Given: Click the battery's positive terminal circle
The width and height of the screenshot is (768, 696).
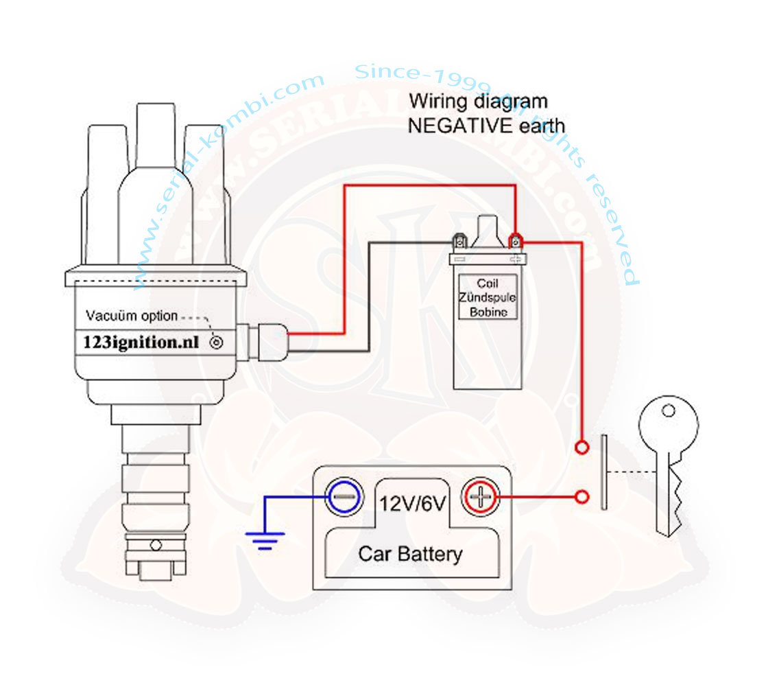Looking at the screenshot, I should tap(481, 496).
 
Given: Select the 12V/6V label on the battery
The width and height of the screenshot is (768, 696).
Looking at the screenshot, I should tap(413, 504).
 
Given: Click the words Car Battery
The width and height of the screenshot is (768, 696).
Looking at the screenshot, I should tap(410, 553).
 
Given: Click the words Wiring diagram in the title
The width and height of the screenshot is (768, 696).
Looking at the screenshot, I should tap(478, 102).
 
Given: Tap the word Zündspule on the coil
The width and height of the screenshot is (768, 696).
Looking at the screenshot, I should tap(488, 298).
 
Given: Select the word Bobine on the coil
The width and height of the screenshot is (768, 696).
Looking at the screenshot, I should tap(488, 312).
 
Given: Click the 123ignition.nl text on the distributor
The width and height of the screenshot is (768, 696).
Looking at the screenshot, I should tap(141, 342).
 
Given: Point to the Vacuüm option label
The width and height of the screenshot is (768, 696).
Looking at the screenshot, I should tap(132, 316).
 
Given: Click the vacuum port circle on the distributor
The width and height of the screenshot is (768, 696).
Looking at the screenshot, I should tap(217, 342).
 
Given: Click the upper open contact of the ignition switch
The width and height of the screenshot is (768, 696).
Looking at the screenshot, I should tap(581, 448).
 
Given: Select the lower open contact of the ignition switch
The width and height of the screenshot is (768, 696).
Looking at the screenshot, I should tap(581, 497).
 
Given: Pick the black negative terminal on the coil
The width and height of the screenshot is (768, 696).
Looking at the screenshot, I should tap(459, 241).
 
